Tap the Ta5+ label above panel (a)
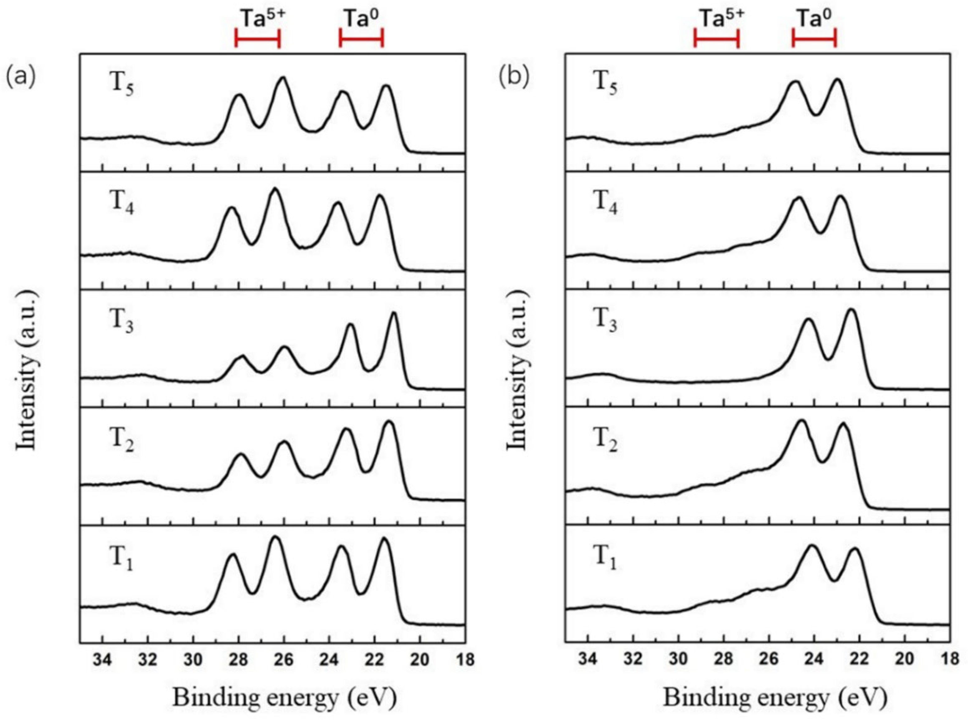[260, 20]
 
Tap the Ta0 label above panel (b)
[814, 20]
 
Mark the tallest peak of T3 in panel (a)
[394, 313]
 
